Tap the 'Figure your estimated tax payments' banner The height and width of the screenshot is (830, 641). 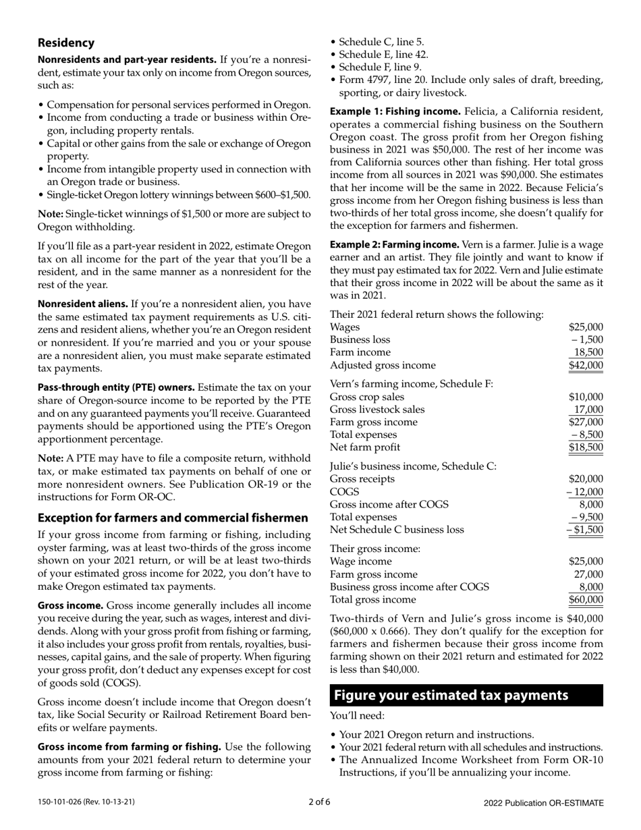coord(466,695)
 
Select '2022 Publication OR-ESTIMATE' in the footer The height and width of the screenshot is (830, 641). coord(543,802)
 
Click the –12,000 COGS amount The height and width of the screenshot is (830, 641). coord(584,492)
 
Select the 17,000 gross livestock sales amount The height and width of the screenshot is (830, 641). coord(588,409)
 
